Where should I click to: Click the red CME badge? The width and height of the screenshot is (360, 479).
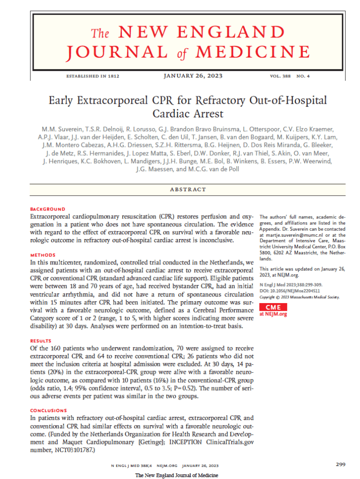pos(273,307)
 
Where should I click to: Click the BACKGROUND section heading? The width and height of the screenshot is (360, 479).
pos(48,209)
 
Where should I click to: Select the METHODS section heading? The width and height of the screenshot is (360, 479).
pos(43,255)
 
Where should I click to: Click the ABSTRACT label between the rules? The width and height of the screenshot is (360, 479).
pos(188,189)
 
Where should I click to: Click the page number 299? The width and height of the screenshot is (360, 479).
pos(341,464)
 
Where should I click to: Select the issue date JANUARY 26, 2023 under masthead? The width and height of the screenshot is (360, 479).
pos(193,75)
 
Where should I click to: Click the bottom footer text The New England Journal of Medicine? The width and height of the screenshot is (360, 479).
pos(177,475)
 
